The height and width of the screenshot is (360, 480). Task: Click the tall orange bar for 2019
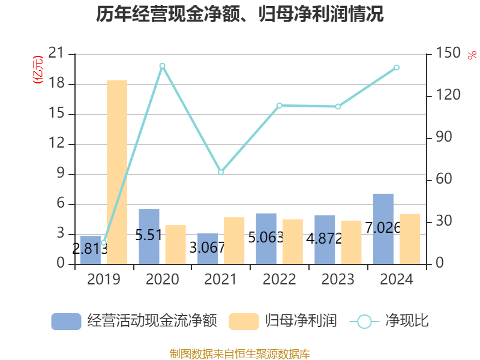[117, 172]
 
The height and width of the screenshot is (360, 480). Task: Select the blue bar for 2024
[383, 229]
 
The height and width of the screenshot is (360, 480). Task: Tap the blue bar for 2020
[149, 236]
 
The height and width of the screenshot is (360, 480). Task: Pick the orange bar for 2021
[234, 241]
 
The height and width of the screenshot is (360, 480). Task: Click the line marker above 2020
[162, 65]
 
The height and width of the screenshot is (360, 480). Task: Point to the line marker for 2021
[221, 172]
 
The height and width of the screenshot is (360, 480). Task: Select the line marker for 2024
[397, 68]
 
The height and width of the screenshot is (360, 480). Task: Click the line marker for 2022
[279, 106]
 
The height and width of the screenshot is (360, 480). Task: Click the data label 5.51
[149, 235]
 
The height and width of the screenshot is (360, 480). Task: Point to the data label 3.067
[207, 247]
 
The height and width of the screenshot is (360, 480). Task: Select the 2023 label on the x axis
[338, 280]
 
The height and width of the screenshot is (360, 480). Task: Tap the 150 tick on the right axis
[446, 54]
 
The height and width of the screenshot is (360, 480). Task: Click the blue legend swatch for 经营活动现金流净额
[66, 321]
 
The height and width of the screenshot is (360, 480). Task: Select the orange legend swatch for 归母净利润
[244, 321]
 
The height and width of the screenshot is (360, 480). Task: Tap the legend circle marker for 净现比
[364, 321]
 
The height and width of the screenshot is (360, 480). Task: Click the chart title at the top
[240, 14]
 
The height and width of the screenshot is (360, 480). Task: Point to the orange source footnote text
[240, 353]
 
